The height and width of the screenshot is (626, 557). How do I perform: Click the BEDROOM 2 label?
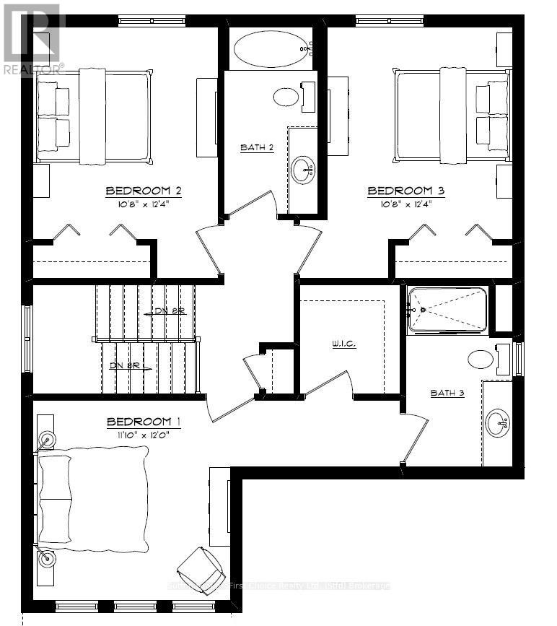pos(143,191)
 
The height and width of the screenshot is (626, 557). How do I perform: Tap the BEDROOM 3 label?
pos(405,191)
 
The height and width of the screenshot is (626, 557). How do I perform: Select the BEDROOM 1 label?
pos(143,422)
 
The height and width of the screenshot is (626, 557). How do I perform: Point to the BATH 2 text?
pos(257,148)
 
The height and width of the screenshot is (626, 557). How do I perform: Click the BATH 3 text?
pos(447,393)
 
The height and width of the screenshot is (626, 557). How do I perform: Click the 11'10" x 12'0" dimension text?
pos(143,434)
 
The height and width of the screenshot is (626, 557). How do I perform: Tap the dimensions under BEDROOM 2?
pos(143,203)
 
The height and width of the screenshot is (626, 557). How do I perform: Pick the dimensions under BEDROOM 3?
pos(405,203)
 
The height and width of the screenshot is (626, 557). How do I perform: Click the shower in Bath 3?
pos(447,310)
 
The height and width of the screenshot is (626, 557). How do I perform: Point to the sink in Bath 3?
pos(497,422)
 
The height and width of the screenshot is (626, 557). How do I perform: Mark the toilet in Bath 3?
pos(485,359)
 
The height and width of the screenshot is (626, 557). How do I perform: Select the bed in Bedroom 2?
pos(94,116)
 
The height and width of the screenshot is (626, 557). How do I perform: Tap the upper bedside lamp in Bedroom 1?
pos(48,438)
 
